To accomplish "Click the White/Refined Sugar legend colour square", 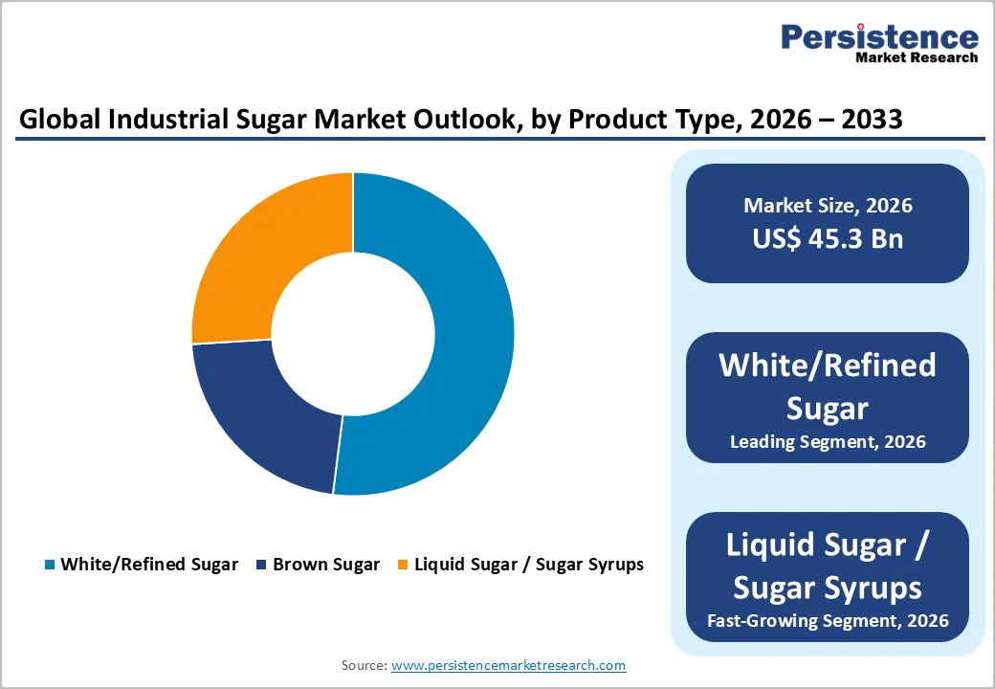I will coord(50,565).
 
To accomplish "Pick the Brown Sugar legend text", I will coord(326,565).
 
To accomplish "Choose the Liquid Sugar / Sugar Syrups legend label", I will coord(528,565).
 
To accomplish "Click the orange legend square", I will coord(404,565).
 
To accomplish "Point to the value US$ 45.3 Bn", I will coord(827,238).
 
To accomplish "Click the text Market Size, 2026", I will coord(827,205).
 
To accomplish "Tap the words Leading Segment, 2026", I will coord(827,442).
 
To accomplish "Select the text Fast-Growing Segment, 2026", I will coord(827,620).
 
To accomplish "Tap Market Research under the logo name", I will coord(917,57).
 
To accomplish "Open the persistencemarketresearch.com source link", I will coord(508,665).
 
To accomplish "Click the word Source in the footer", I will coord(363,665).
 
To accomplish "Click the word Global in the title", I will coord(57,120).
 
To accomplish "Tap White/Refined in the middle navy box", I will coord(827,366).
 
